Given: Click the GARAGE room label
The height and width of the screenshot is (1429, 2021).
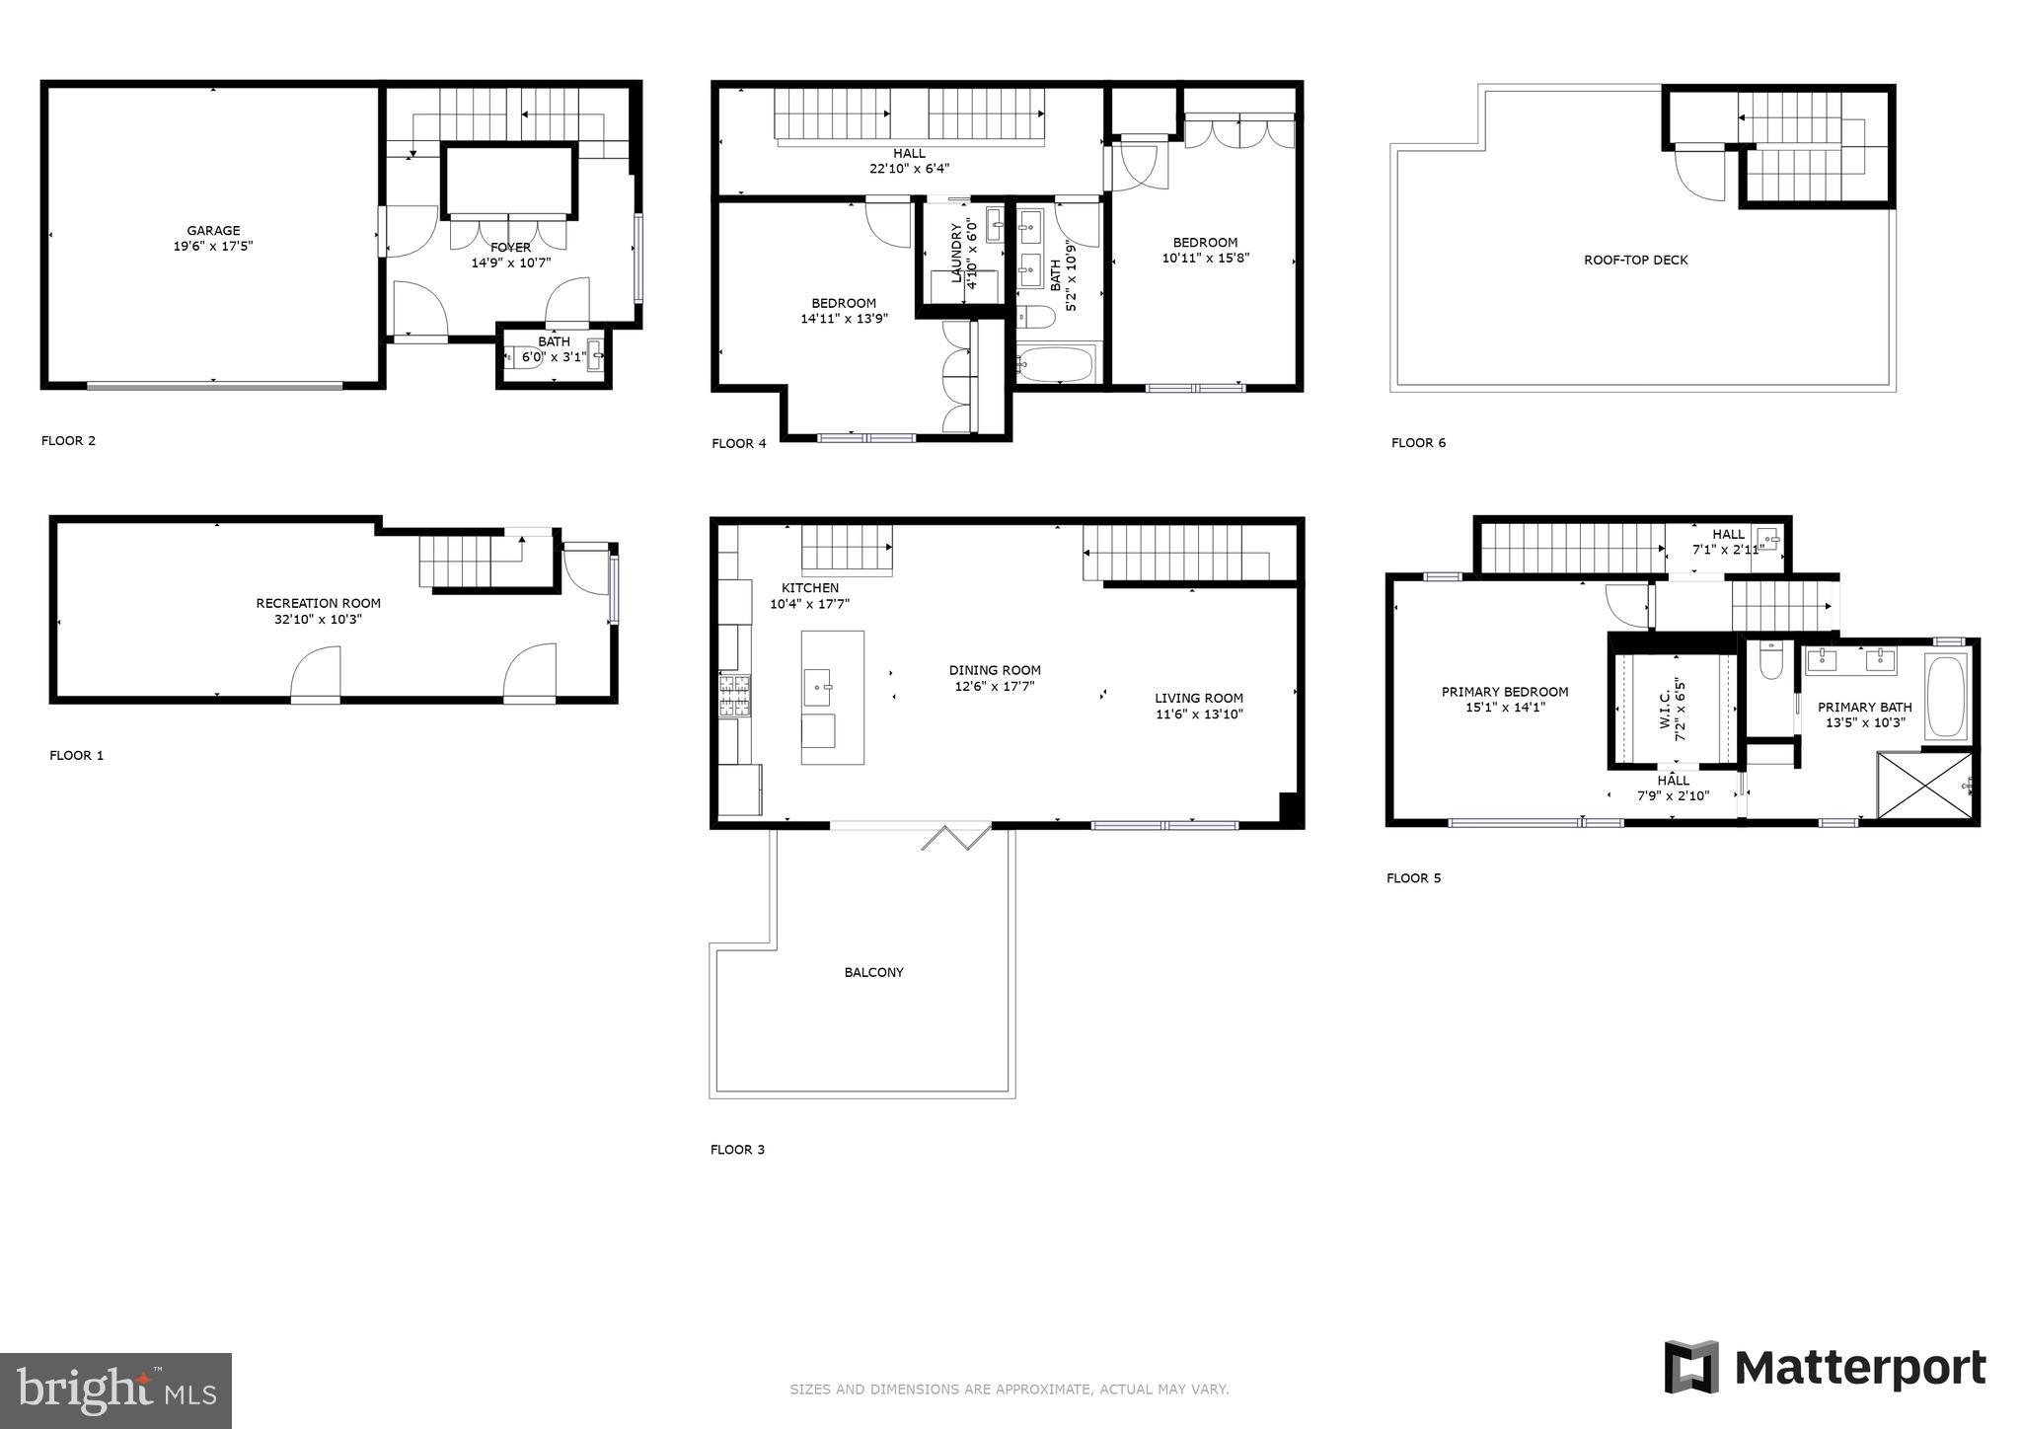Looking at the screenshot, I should [213, 231].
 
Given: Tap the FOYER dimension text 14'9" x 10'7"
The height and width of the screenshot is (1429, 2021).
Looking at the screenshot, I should [510, 263].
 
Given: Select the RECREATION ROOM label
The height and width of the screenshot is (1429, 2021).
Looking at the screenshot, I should [318, 603].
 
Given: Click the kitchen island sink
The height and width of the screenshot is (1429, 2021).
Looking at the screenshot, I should [817, 687].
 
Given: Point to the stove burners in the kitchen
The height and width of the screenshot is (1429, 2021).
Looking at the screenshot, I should [734, 695].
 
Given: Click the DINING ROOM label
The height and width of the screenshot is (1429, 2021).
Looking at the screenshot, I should [995, 670].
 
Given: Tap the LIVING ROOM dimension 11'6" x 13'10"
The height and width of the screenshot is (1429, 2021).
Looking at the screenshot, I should [1199, 714].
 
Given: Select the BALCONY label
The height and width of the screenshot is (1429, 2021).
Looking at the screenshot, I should [873, 972].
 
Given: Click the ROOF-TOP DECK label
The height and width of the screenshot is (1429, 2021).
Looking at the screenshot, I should [1635, 261].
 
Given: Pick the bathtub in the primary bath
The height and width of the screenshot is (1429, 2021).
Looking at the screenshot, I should [1946, 696].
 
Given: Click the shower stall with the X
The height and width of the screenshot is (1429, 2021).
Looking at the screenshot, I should [1924, 786].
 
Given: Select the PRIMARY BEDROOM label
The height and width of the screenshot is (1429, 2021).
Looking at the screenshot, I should [1504, 692].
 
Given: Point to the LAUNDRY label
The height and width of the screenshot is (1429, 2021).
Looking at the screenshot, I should [956, 254].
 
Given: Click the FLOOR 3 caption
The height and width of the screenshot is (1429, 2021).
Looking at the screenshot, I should [737, 1150].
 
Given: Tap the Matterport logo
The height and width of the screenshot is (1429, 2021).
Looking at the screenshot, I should [1826, 1368].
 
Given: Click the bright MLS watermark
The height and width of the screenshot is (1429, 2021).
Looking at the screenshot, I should [115, 1391].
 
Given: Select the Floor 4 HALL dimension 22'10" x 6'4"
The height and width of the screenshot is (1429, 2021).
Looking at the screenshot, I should [909, 169].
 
